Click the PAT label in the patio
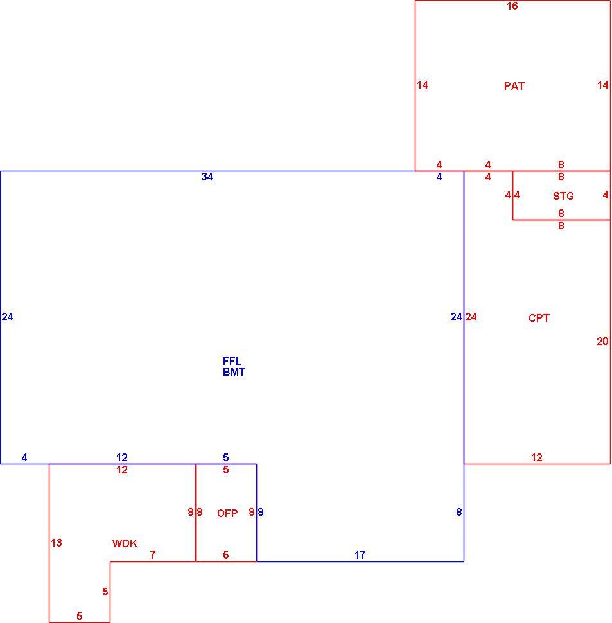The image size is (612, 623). point(514,86)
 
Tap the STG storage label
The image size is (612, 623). point(563,196)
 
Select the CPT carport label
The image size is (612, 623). point(539,318)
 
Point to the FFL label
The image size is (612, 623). point(232,361)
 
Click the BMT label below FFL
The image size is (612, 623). point(234,372)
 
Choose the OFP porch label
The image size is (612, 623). point(227,513)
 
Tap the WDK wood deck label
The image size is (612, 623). point(125,543)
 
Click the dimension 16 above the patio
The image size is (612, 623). point(512,6)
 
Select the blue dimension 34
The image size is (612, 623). point(207,177)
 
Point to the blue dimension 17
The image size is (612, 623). point(360,555)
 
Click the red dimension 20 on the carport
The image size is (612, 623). point(602,341)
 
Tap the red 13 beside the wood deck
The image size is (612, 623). point(57,543)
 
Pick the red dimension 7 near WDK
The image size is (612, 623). point(152,555)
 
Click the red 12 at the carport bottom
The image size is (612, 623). point(536,457)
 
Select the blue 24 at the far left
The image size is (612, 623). point(7,317)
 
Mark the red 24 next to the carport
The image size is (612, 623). point(471,317)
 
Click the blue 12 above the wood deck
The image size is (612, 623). point(122,457)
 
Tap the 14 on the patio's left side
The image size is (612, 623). point(423,85)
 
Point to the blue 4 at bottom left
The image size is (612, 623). point(24,458)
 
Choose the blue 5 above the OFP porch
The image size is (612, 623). point(225,457)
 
